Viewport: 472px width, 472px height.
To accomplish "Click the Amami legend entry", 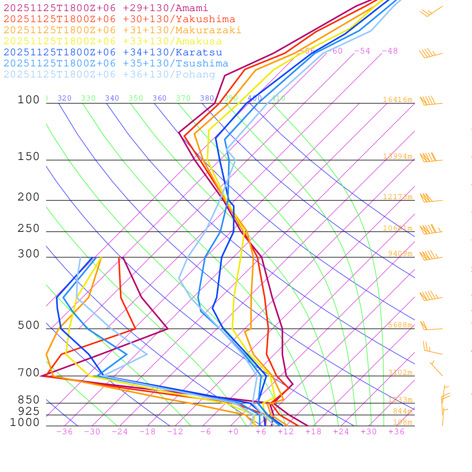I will [106, 8].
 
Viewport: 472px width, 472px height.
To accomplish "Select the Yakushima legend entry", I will [119, 19].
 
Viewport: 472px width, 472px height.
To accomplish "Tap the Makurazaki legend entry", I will [123, 30].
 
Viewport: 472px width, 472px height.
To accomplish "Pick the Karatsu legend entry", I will [113, 53].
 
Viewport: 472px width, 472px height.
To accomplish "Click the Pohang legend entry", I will [110, 75].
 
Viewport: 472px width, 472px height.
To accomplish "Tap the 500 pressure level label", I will [29, 325].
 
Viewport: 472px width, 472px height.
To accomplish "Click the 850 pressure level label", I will [29, 400].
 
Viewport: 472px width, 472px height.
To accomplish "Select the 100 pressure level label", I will [29, 100].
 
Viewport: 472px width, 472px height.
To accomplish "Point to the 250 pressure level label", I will [29, 229].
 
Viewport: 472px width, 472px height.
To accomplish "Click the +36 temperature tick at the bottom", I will [396, 432].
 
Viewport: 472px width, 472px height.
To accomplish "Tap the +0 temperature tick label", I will [233, 432].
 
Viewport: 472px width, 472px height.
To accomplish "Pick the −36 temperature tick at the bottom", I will [65, 432].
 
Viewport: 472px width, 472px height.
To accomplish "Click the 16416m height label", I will [398, 100].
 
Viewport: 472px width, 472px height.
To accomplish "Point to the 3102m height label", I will [400, 372].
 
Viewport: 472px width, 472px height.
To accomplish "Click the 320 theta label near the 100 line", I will [65, 98].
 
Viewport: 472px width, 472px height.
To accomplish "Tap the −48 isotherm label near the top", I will [390, 51].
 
